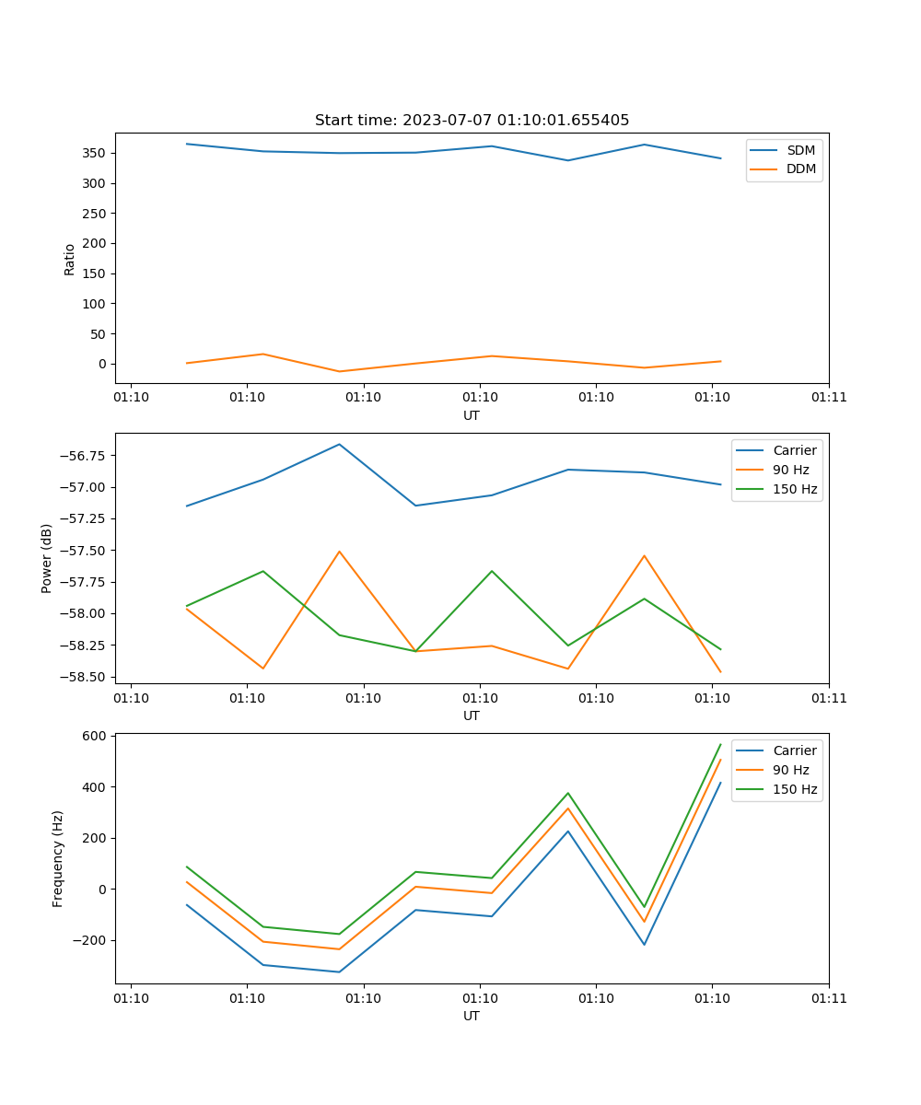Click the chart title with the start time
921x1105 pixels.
(x=472, y=120)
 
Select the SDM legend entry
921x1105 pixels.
(x=800, y=150)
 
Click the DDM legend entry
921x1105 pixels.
(x=800, y=169)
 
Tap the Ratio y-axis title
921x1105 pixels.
(x=70, y=260)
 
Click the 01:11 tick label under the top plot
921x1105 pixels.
(x=828, y=398)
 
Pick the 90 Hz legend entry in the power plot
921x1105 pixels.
(x=790, y=470)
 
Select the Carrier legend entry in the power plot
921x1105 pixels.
(x=794, y=450)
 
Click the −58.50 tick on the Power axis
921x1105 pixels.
(x=83, y=677)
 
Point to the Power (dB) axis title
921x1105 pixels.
(x=47, y=558)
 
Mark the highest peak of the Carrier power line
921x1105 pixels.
(x=339, y=444)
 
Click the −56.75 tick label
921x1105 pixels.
(x=83, y=456)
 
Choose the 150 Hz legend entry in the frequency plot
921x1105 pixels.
(x=795, y=789)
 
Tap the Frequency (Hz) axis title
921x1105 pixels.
(x=58, y=858)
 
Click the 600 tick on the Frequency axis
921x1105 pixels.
(x=96, y=736)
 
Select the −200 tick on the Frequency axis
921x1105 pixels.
(x=89, y=940)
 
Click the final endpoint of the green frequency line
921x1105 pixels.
(x=720, y=744)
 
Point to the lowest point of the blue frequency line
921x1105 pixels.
(x=339, y=971)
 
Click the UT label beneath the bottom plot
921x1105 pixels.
(x=472, y=1016)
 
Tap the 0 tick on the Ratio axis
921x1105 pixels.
(x=103, y=364)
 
